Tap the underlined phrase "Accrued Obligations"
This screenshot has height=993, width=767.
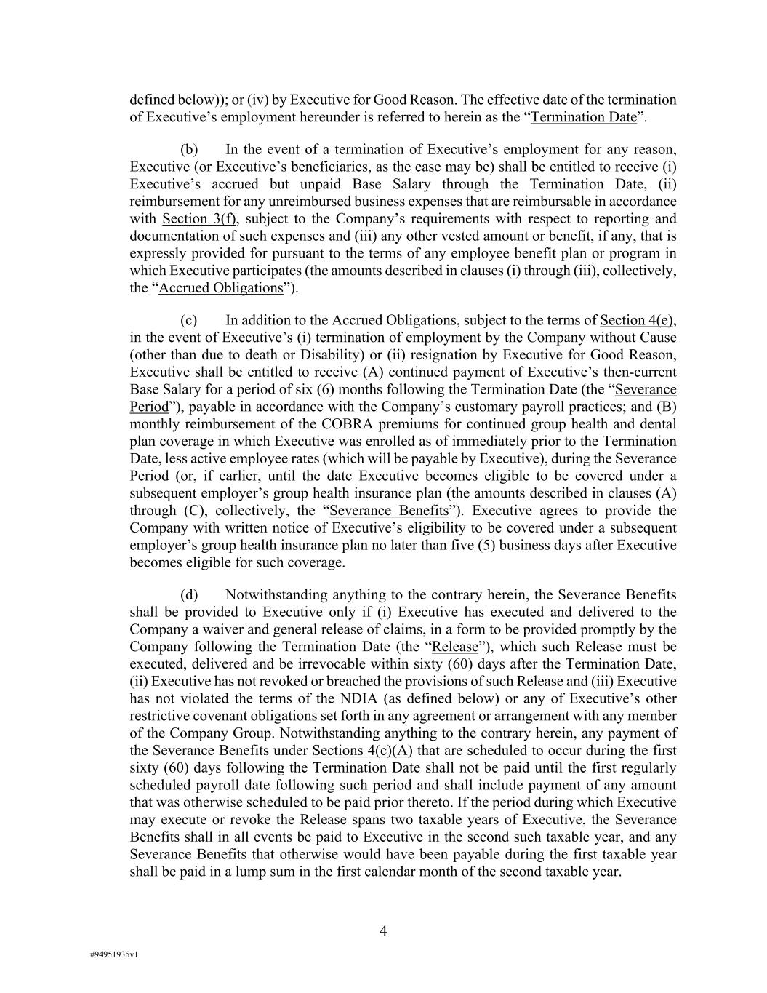pos(220,287)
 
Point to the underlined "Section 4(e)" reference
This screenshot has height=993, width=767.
pos(638,320)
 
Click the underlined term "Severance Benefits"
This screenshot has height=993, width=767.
pos(389,511)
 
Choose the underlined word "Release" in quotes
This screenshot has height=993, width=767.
pos(455,647)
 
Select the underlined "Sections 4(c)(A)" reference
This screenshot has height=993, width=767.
pos(362,751)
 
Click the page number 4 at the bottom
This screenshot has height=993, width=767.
pos(383,931)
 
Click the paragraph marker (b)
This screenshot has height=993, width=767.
pos(189,150)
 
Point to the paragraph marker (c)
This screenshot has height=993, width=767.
pos(189,320)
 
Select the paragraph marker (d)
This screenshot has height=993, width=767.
pos(189,595)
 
